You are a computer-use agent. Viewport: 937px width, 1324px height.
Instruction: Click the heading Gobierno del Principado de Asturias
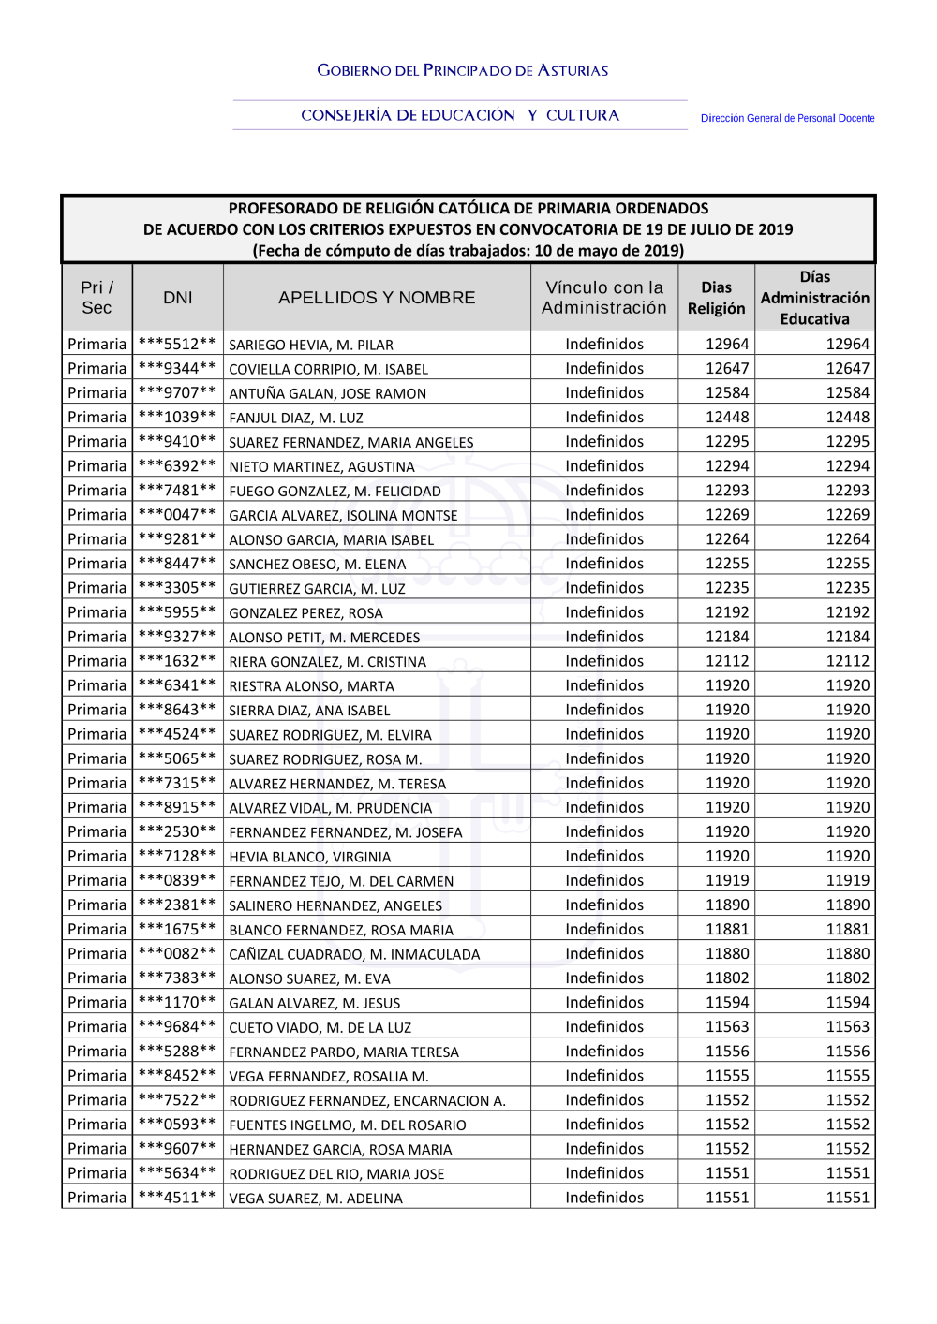tap(462, 70)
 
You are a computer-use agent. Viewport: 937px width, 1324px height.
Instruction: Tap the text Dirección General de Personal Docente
tap(787, 118)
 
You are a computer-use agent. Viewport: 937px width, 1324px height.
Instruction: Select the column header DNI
tap(178, 298)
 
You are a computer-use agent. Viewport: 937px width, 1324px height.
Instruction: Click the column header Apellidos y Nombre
tap(377, 298)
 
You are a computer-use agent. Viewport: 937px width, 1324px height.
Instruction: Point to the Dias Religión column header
tap(716, 298)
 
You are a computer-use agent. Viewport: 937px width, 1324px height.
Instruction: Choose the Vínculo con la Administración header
tap(604, 298)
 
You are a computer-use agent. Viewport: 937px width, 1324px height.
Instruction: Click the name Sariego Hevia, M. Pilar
tap(311, 345)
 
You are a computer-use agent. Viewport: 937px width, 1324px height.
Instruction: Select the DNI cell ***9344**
tap(177, 369)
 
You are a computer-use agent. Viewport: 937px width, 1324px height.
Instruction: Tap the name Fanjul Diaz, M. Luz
tap(296, 418)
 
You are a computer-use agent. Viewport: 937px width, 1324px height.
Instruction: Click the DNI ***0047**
tap(177, 515)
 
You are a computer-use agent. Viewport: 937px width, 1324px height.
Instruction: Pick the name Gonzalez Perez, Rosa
tap(305, 613)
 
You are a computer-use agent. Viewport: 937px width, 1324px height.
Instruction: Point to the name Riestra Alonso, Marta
tap(311, 686)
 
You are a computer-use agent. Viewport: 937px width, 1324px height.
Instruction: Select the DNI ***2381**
tap(177, 905)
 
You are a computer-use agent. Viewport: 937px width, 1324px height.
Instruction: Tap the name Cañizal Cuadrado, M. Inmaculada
tap(354, 954)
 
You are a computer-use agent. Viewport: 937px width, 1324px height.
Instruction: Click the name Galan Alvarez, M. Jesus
tap(315, 1003)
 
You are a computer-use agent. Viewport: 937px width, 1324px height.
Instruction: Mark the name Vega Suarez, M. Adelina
tap(316, 1199)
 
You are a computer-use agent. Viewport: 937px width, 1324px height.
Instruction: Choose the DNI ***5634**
tap(177, 1173)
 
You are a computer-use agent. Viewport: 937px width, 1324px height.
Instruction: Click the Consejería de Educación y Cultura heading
tap(460, 115)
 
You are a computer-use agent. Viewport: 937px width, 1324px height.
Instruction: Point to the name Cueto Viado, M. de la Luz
tap(320, 1027)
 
